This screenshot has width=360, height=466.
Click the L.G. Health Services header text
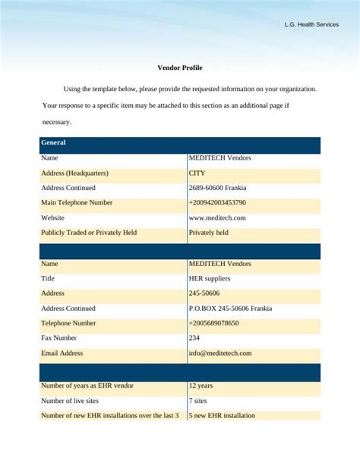point(311,24)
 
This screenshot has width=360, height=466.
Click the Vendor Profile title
point(180,68)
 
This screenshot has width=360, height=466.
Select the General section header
point(53,143)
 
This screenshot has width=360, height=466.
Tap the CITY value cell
point(197,173)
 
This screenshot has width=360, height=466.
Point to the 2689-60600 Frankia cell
point(217,188)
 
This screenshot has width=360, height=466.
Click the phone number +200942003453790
point(217,203)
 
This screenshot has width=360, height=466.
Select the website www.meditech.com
point(217,217)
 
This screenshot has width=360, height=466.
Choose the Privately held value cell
point(209,233)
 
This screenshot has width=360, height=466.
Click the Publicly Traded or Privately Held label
point(89,233)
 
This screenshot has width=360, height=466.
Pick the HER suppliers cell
point(210,278)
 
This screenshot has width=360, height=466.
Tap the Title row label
point(49,278)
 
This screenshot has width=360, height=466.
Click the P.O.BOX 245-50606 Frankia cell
point(230,309)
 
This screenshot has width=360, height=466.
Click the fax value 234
point(194,338)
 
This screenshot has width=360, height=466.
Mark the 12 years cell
point(201,385)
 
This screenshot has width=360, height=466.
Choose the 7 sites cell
point(199,401)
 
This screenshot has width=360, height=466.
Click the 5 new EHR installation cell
point(222,416)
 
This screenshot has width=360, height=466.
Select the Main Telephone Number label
point(77,203)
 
